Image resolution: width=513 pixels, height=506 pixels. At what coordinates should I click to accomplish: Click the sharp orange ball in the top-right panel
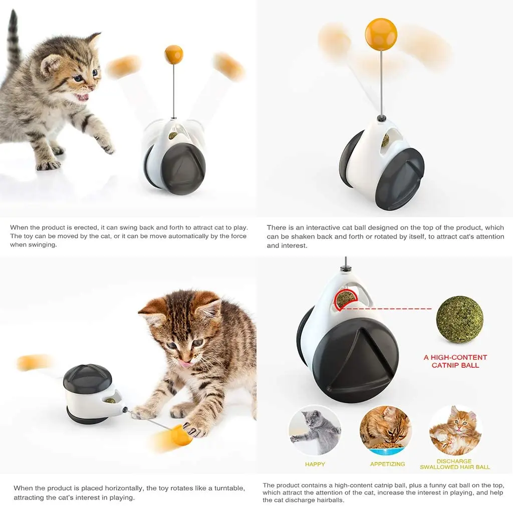click(381, 34)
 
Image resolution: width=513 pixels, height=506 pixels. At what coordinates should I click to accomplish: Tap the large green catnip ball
click(459, 319)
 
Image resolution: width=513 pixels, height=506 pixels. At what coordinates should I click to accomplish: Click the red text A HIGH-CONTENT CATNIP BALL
click(455, 361)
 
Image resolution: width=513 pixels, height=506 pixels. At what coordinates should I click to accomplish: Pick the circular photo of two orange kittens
click(455, 430)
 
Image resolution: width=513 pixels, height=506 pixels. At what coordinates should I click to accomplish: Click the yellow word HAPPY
click(315, 464)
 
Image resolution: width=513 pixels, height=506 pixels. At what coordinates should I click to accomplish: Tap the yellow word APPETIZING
click(387, 464)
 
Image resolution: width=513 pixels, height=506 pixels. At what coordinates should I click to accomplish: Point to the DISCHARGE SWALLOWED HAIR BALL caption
click(454, 464)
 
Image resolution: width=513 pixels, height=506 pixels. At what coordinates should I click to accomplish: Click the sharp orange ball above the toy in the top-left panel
click(174, 55)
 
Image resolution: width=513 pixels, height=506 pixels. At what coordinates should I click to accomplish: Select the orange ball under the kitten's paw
click(181, 435)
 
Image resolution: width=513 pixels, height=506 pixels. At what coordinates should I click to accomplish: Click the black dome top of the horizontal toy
click(88, 378)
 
